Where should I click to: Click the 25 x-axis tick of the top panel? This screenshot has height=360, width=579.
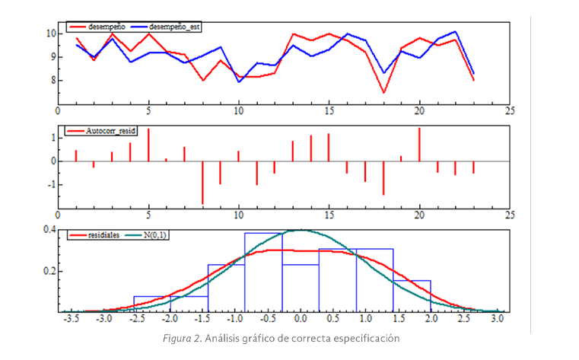click(x=509, y=110)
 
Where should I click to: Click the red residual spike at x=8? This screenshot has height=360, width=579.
click(x=202, y=183)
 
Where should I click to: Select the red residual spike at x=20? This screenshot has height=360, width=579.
click(x=419, y=145)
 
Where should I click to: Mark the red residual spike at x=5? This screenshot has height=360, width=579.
click(x=148, y=145)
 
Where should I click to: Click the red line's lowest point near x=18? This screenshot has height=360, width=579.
click(x=383, y=93)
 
